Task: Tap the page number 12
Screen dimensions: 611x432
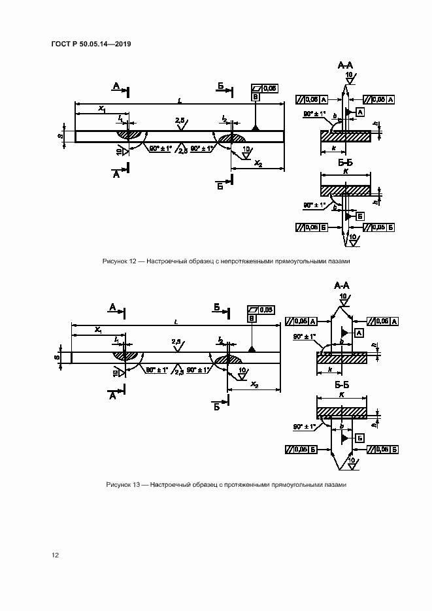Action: point(56,555)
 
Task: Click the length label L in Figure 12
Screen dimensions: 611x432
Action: point(180,100)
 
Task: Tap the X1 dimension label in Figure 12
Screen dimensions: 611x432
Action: point(101,109)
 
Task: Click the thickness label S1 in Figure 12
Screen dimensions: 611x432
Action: point(59,136)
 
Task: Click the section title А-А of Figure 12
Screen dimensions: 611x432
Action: point(344,66)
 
